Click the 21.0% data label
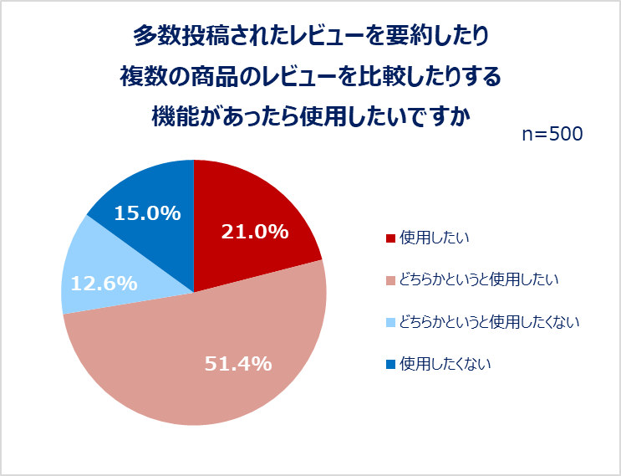[x=255, y=233]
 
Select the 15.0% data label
[x=147, y=213]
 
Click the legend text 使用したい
[x=434, y=238]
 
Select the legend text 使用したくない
[x=445, y=363]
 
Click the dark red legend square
[x=390, y=238]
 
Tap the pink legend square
[x=390, y=280]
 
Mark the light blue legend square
[x=390, y=322]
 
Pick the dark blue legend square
[x=390, y=364]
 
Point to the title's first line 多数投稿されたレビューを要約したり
[x=310, y=36]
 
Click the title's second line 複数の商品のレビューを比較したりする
[x=310, y=76]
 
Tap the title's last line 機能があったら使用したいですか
[x=310, y=115]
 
